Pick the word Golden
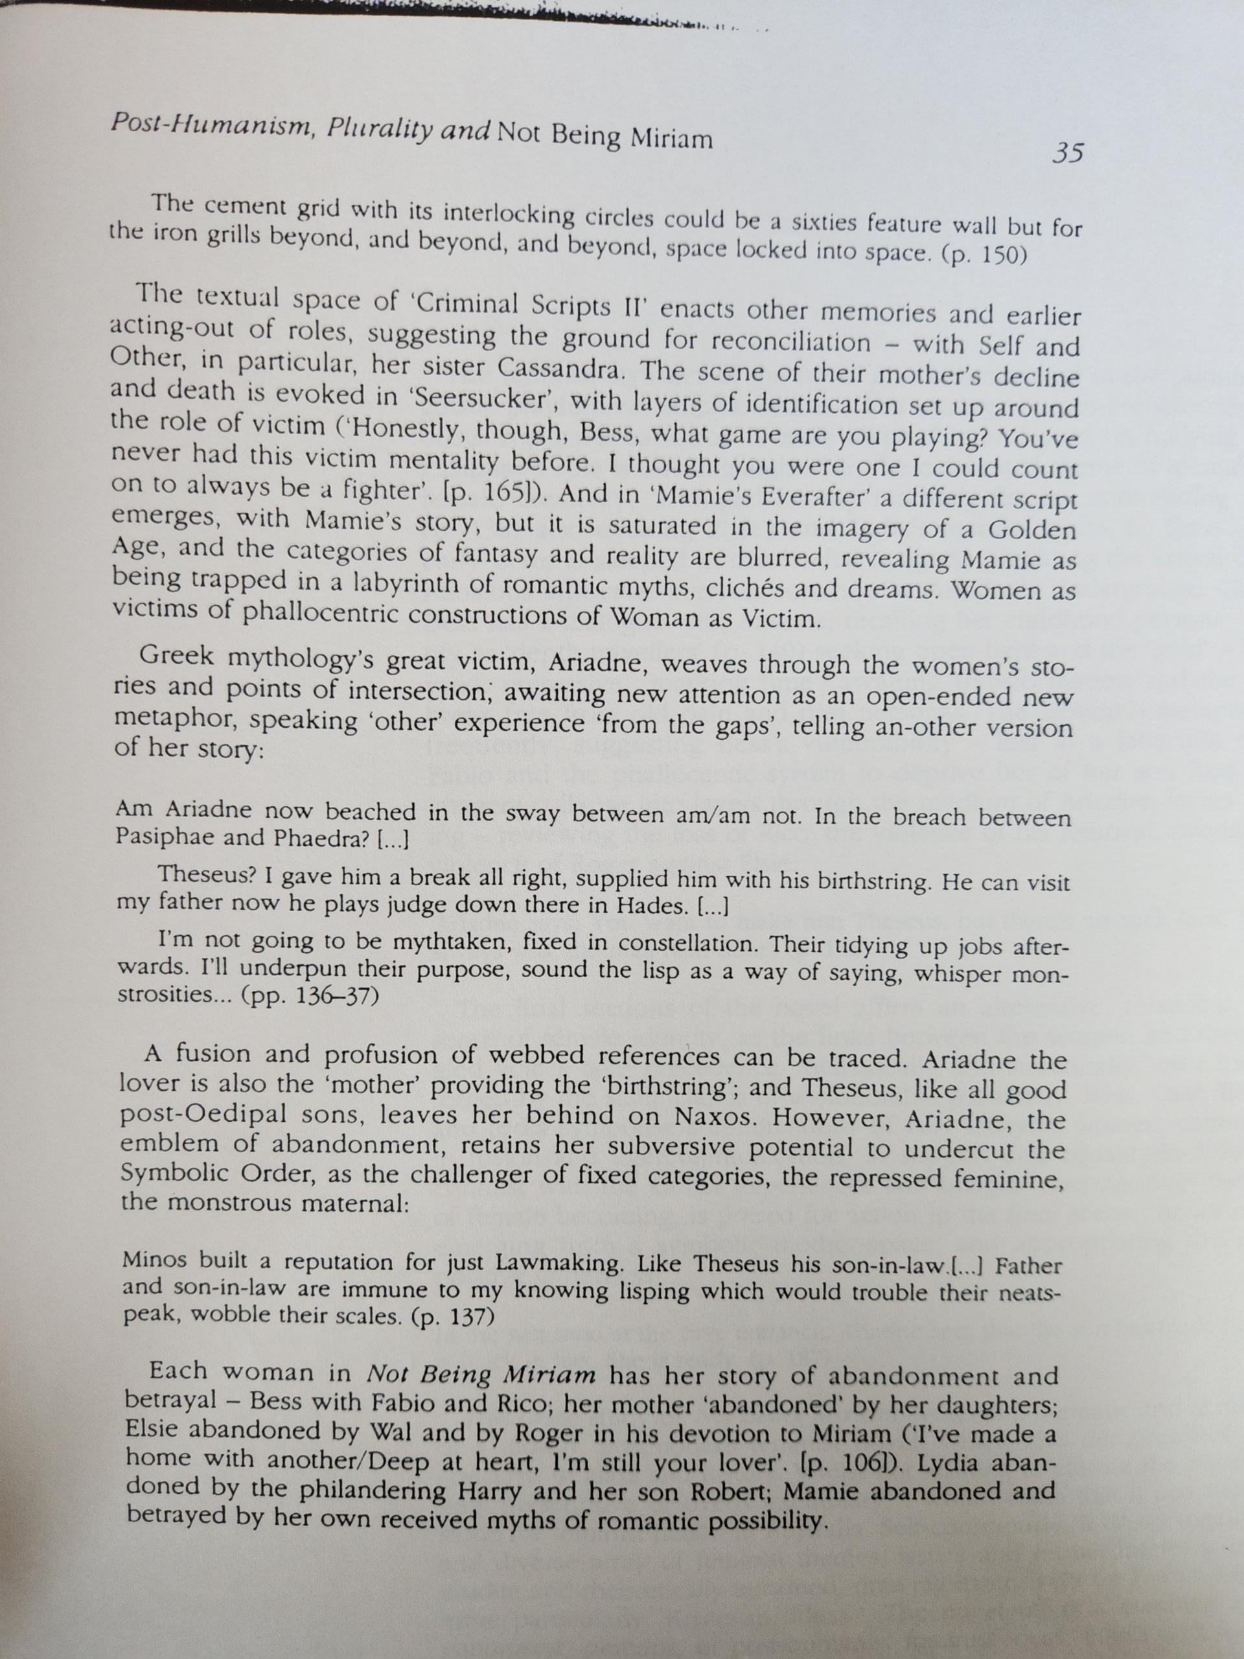pyautogui.click(x=1031, y=530)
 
